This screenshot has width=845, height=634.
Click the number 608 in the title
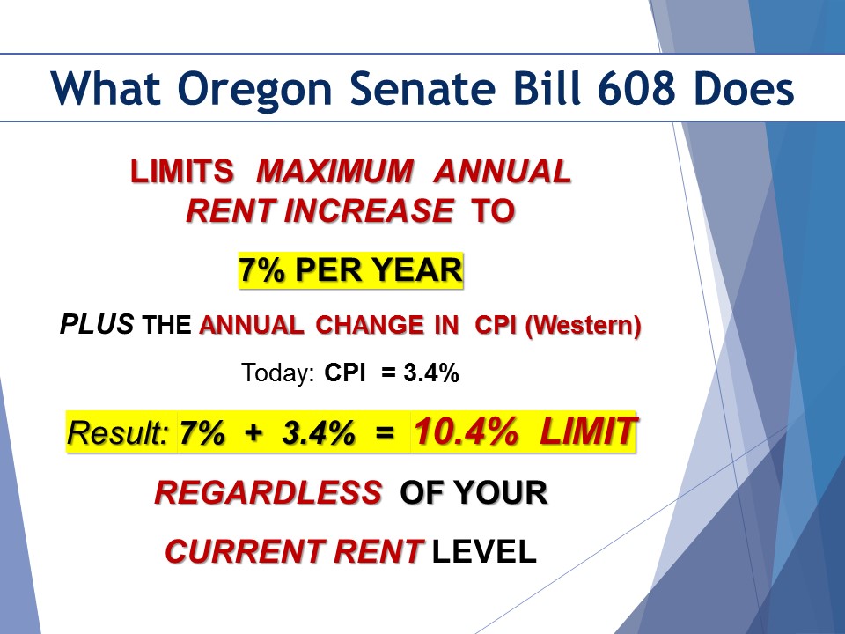point(636,88)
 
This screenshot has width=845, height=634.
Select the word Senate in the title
point(422,88)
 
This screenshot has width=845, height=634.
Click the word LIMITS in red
point(182,172)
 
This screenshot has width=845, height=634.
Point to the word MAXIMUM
point(335,172)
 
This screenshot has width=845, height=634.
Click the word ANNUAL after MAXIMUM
point(503,172)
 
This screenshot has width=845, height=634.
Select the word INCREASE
point(369,210)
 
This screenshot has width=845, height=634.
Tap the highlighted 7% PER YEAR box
point(351,270)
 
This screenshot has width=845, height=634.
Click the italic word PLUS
point(97,324)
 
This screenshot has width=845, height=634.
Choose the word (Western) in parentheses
point(583,325)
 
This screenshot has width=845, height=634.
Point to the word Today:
point(277,372)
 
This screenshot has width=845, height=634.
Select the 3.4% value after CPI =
point(431,372)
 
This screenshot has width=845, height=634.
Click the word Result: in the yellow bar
point(118,432)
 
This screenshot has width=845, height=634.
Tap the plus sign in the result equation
point(253,432)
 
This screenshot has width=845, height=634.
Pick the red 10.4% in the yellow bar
point(466,431)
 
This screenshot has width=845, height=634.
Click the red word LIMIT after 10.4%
point(589,431)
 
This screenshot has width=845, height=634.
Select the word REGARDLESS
point(268,493)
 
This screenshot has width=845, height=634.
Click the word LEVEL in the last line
point(484,551)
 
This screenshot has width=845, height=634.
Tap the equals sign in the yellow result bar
point(385,432)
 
